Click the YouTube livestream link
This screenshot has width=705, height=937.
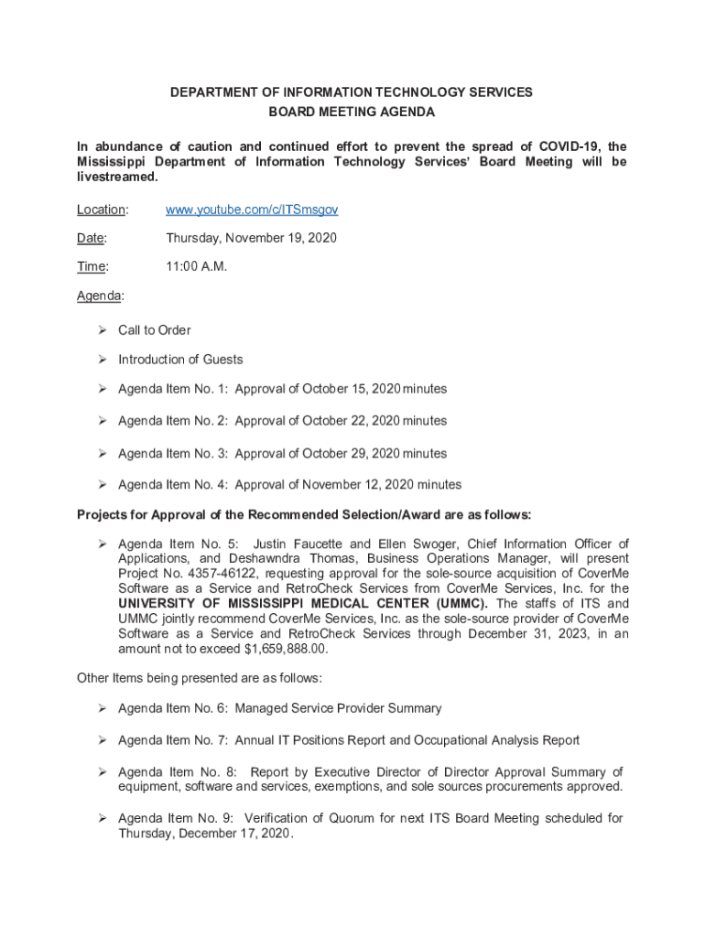(x=252, y=210)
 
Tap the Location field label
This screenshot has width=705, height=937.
(x=101, y=210)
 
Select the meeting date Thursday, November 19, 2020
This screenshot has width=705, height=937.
(x=251, y=238)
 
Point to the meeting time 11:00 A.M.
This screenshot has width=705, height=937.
(x=196, y=267)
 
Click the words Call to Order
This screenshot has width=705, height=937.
(x=155, y=330)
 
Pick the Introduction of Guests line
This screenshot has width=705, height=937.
(x=180, y=360)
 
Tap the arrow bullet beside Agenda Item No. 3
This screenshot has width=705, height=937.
(x=103, y=453)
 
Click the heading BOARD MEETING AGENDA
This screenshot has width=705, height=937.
(x=352, y=113)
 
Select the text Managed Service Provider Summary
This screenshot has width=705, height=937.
(x=338, y=708)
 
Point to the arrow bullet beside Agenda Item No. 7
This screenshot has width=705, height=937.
(x=103, y=739)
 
